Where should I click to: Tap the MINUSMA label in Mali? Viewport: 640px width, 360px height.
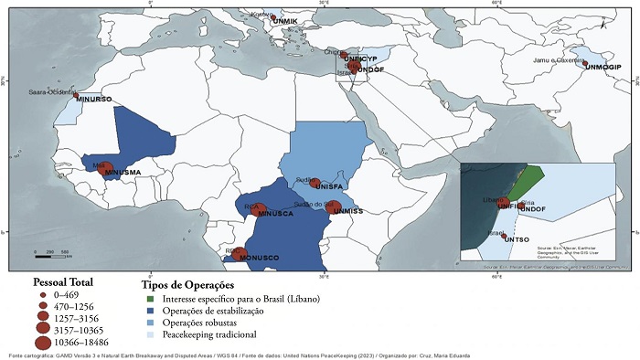pos(123,172)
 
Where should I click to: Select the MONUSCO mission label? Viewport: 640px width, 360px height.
pos(259,258)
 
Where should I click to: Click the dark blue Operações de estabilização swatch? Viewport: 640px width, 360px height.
pos(152,312)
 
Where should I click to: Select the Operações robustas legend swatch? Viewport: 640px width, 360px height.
pos(152,323)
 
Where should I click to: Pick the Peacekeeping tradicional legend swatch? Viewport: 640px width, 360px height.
pos(152,335)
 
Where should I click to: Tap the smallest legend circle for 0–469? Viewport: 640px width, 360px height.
pos(43,296)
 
